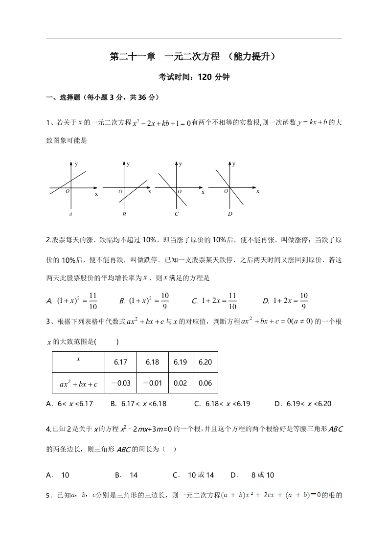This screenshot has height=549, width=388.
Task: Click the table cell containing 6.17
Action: pos(120,363)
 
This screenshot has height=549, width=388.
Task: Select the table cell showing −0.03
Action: pos(120,383)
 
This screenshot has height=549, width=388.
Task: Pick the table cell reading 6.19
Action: pos(181,363)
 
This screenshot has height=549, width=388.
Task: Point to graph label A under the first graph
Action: pos(70,214)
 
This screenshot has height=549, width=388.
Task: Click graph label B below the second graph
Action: pos(124,214)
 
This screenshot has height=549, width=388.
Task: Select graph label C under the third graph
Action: pos(177,214)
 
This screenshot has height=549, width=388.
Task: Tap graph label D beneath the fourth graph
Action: pos(230,214)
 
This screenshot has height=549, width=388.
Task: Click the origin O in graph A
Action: pos(68,191)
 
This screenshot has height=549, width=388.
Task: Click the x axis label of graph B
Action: pos(149,192)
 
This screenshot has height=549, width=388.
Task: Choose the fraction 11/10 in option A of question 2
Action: pos(93,301)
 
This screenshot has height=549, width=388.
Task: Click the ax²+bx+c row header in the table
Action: pos(79,384)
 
